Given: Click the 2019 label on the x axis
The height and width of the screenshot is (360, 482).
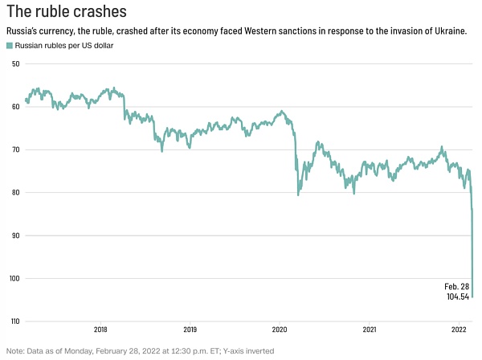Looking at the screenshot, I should coord(190,329).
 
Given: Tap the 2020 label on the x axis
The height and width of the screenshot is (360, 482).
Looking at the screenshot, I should coord(280,329).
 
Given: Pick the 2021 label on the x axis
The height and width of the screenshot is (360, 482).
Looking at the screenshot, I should coord(370,329).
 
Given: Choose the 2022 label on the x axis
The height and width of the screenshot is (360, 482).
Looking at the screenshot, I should coord(459,329).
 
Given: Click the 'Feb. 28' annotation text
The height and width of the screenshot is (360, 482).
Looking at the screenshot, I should coord(456,287).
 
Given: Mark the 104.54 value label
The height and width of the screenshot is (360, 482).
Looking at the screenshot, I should coord(458,297).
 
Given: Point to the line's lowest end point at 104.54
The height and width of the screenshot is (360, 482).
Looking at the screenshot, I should coord(472,297).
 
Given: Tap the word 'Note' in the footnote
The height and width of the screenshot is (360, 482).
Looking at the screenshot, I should coord(14,351).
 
